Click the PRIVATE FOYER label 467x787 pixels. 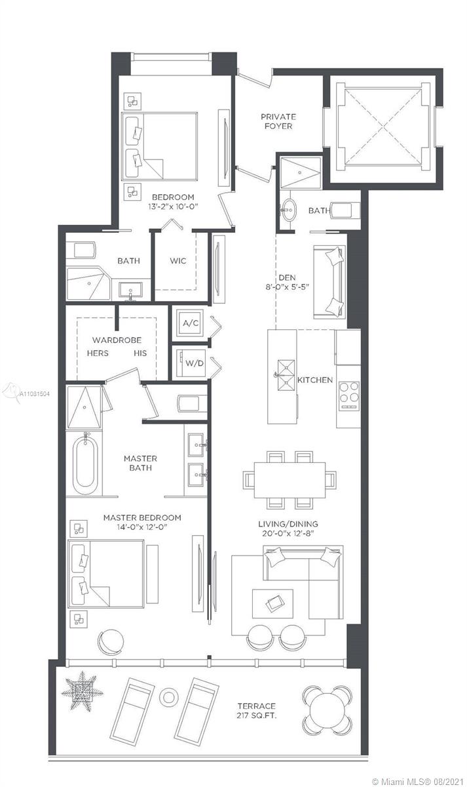(x=278, y=121)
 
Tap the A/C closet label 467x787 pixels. (x=191, y=323)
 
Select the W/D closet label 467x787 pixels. (x=195, y=363)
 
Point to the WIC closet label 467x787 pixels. (x=178, y=261)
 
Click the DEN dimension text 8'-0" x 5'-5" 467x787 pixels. (x=287, y=287)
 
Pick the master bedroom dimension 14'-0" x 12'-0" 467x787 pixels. (x=141, y=527)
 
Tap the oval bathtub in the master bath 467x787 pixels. (x=85, y=464)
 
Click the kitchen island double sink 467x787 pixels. (x=286, y=375)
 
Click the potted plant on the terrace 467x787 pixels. (x=83, y=692)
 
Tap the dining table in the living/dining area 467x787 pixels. (x=290, y=480)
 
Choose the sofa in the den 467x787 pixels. (x=329, y=282)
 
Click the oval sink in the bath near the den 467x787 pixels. (x=289, y=210)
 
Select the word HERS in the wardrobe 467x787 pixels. (x=98, y=353)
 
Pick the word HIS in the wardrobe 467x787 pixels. (x=140, y=353)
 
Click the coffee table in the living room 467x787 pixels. (x=272, y=603)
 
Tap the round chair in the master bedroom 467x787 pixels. (x=111, y=641)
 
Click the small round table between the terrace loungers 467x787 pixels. (x=169, y=696)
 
